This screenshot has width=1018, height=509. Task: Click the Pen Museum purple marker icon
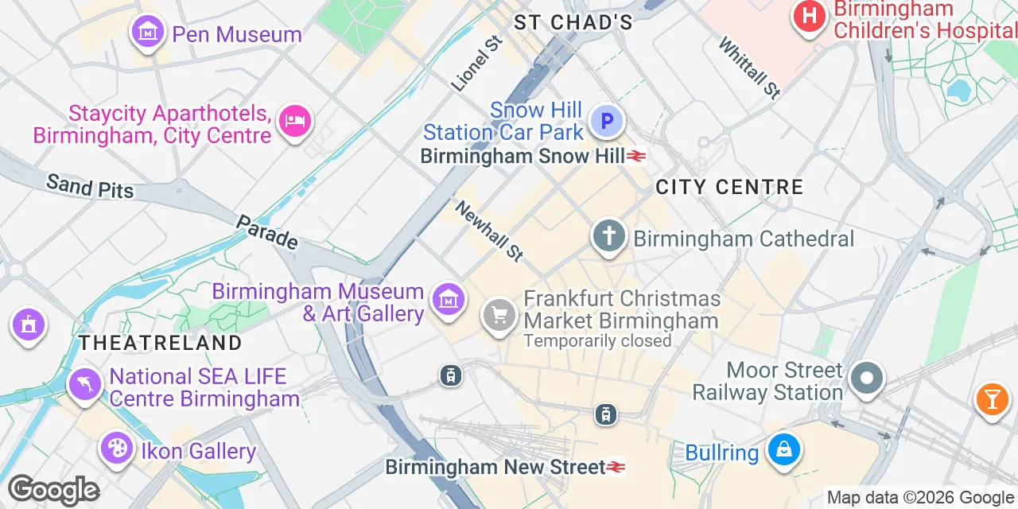click(x=148, y=33)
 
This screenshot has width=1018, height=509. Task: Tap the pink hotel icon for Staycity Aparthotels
click(x=295, y=122)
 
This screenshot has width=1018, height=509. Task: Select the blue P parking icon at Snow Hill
click(x=607, y=122)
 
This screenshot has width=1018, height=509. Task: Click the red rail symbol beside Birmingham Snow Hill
click(x=635, y=156)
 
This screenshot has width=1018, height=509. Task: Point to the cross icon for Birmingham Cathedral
click(x=609, y=236)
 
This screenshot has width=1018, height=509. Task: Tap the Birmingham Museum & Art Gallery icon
click(x=449, y=300)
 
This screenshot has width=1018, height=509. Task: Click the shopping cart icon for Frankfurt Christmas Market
click(x=499, y=316)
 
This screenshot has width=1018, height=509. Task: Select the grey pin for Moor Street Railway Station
click(x=867, y=378)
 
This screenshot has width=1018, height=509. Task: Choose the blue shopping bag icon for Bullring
click(x=783, y=450)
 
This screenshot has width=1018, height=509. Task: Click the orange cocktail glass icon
click(x=992, y=398)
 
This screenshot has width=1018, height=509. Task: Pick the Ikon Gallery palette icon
click(x=118, y=449)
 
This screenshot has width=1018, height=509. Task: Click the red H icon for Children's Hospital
click(x=809, y=16)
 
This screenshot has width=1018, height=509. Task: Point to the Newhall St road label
click(x=490, y=231)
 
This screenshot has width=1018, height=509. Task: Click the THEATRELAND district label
click(x=160, y=343)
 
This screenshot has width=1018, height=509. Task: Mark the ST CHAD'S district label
click(x=573, y=22)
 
